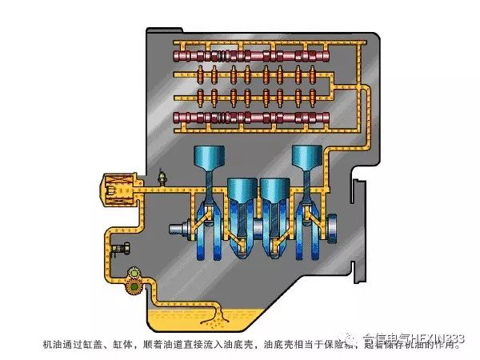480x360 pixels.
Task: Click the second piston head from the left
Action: click(x=242, y=190)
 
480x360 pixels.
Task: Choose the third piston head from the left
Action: click(x=274, y=190)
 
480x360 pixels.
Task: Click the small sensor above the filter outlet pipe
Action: click(x=162, y=174)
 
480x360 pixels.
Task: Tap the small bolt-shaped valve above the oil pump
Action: click(x=122, y=249)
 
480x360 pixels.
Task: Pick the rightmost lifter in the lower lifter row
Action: click(x=317, y=98)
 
